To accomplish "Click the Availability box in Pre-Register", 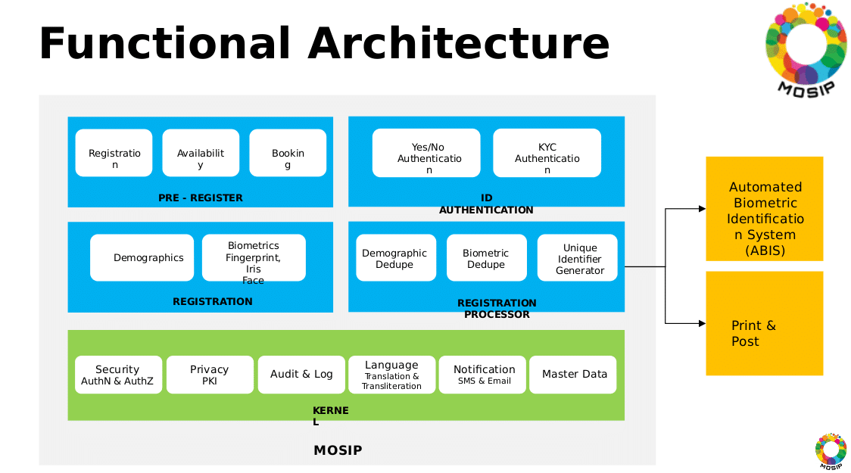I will tap(201, 153).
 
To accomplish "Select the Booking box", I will tap(288, 153).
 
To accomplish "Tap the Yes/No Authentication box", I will tap(426, 153).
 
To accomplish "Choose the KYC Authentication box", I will tap(547, 153).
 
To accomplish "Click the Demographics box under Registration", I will tap(142, 257).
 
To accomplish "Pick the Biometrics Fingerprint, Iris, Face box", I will tap(254, 257).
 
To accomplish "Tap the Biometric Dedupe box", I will tap(486, 258).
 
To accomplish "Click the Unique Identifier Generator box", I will tap(578, 258).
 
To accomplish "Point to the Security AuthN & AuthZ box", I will tap(118, 375).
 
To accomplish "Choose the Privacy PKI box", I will tap(210, 375).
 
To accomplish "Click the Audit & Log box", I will tap(301, 375).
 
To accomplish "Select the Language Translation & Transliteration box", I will tap(391, 375).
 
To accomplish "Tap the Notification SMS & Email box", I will tap(483, 375).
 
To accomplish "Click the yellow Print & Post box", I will tap(764, 324).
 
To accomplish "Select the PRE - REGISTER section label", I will tap(201, 198).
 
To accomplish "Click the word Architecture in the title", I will tap(458, 44).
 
